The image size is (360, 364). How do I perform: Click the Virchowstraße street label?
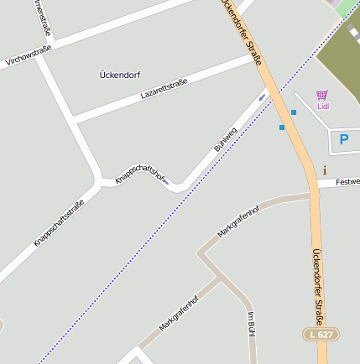tap(28, 55)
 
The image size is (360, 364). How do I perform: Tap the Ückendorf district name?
tap(119, 75)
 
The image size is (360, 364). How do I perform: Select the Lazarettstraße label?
tap(164, 90)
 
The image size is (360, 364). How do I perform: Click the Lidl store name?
tap(323, 107)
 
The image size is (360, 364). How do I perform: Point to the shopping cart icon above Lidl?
tap(322, 96)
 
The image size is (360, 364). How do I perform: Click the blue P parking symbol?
tap(342, 139)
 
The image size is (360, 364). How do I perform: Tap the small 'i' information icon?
tap(325, 170)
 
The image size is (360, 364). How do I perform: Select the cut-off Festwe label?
tap(347, 181)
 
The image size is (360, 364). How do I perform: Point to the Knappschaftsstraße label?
tap(59, 221)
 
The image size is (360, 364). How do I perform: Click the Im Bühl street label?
tap(250, 324)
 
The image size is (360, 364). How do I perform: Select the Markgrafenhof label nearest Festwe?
tap(238, 220)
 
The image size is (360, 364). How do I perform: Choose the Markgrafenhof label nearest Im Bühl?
tap(178, 313)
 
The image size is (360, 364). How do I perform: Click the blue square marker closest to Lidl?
tap(294, 112)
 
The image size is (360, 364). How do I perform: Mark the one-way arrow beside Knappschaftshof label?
tap(165, 181)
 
